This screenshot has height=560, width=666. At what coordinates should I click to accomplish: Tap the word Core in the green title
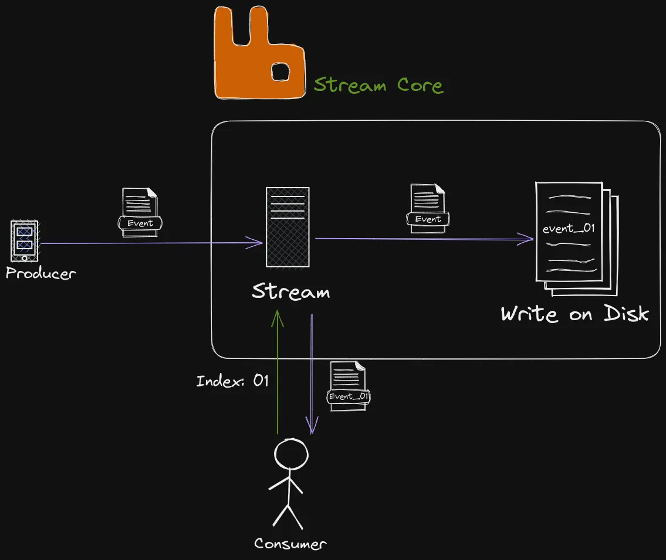(420, 86)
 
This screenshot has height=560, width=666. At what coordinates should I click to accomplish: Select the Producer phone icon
(24, 241)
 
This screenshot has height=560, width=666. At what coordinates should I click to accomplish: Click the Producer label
(40, 273)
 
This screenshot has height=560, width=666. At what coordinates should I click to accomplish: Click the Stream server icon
(287, 227)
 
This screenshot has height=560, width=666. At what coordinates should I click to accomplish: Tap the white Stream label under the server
(290, 291)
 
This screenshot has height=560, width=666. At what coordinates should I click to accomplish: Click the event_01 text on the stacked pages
(568, 229)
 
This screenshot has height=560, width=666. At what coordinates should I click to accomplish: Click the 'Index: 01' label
(232, 381)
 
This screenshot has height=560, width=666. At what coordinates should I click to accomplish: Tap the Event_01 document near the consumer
(349, 386)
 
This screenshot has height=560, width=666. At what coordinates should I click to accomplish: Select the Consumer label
(290, 544)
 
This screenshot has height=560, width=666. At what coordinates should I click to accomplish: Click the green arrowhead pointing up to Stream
(278, 317)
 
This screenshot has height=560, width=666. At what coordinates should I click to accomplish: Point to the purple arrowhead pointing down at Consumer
(312, 426)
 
